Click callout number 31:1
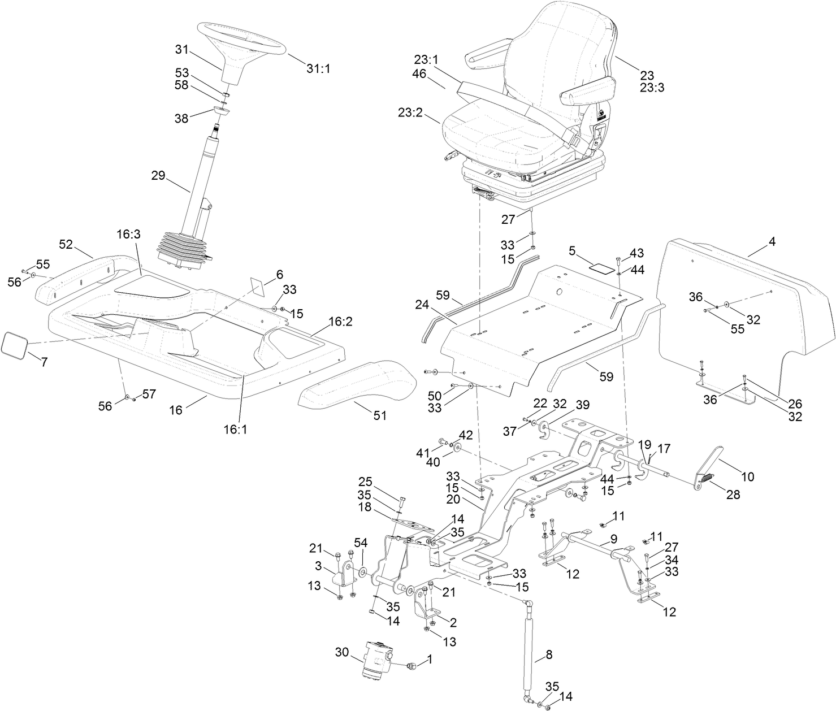318,69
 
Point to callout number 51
380,415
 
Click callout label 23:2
425,113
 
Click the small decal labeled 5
601,266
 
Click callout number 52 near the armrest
66,244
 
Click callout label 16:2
340,322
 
